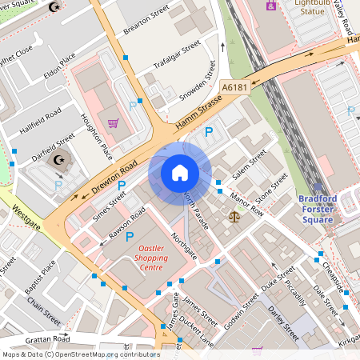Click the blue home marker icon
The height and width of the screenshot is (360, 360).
pyautogui.click(x=180, y=172)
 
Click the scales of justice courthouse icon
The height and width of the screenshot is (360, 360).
pyautogui.click(x=234, y=215)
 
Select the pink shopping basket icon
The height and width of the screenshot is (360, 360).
pyautogui.click(x=114, y=124)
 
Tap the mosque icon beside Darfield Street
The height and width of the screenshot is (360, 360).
pyautogui.click(x=58, y=159)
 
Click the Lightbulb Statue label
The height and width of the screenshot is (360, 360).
pyautogui.click(x=311, y=7)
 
